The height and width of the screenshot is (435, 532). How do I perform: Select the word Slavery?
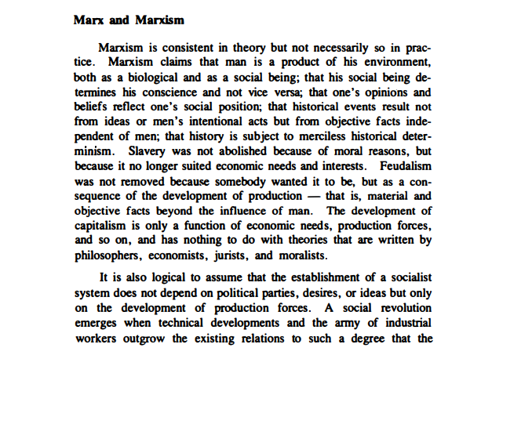[144, 151]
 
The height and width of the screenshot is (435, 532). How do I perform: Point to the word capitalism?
[103, 226]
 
